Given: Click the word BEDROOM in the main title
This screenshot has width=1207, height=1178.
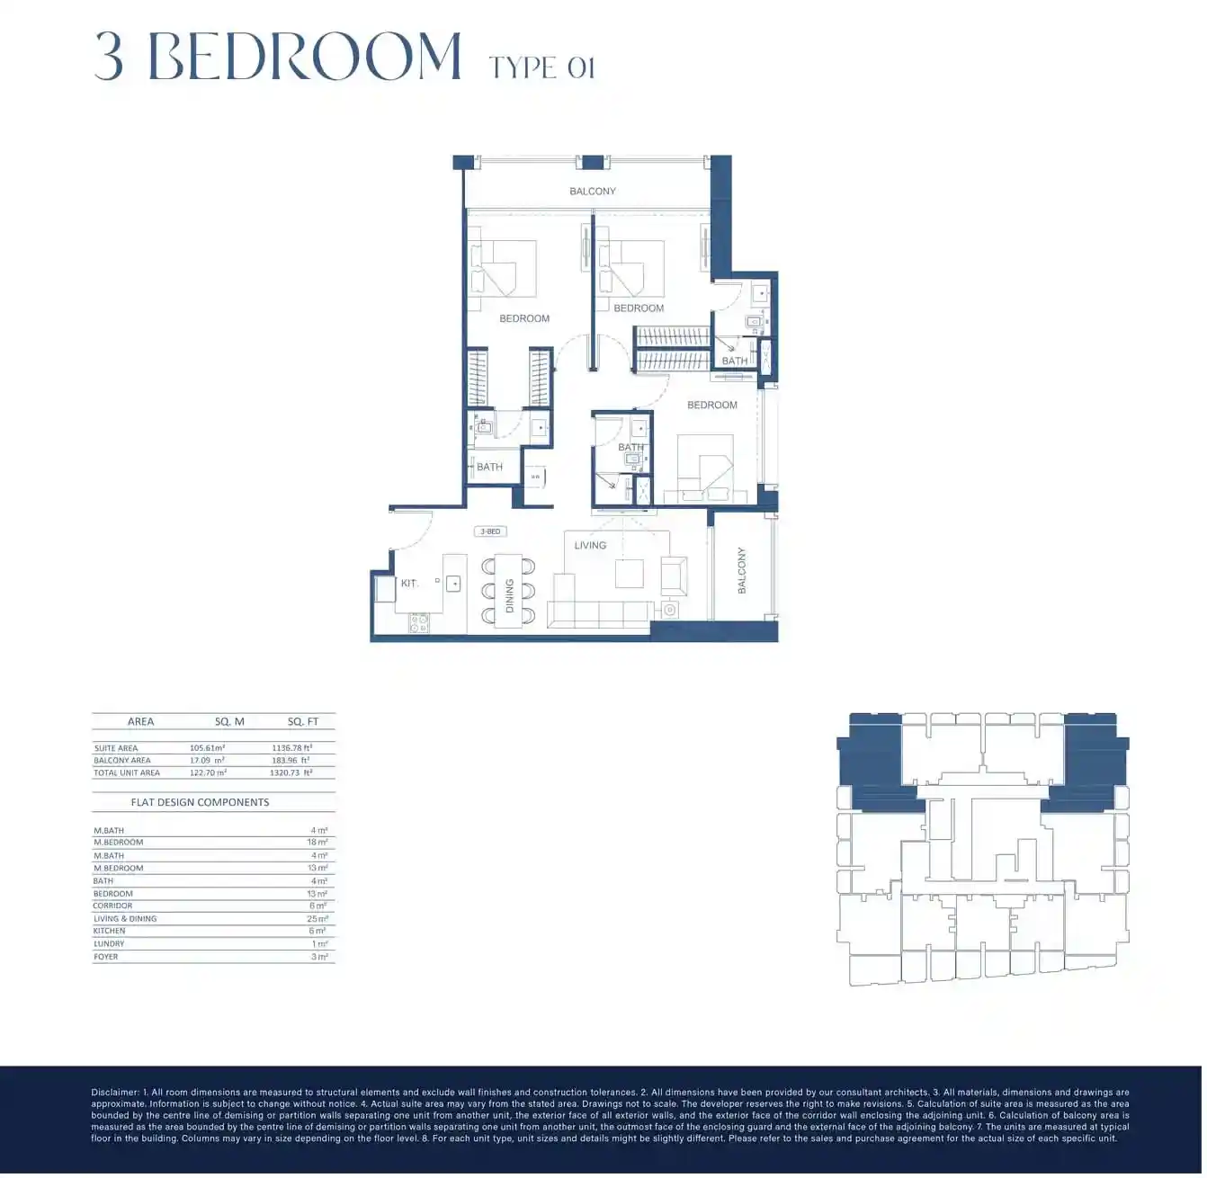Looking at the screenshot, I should pyautogui.click(x=304, y=57).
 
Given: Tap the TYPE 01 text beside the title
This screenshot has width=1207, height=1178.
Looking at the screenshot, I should pyautogui.click(x=541, y=67).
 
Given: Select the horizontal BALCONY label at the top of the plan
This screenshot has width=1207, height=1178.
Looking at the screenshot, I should pyautogui.click(x=593, y=192).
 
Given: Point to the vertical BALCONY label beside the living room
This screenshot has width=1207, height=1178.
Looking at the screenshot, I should pyautogui.click(x=742, y=570).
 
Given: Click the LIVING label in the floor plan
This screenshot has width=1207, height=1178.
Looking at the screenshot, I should pyautogui.click(x=590, y=546).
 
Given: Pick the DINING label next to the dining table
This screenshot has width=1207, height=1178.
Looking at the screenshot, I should pyautogui.click(x=509, y=595).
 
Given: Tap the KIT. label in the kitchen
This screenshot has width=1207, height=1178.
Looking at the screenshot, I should pyautogui.click(x=409, y=584).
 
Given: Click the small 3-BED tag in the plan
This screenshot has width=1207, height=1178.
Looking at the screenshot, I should pyautogui.click(x=490, y=531).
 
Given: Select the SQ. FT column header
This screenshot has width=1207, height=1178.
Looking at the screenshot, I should pyautogui.click(x=303, y=722).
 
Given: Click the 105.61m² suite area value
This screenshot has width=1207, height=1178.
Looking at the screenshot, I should pyautogui.click(x=207, y=748).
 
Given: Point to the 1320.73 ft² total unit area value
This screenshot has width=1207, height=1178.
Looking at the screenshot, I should pyautogui.click(x=291, y=773).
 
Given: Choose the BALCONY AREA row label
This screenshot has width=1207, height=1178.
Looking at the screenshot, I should pyautogui.click(x=122, y=761).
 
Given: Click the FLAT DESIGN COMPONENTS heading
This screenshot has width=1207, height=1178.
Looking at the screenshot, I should pyautogui.click(x=200, y=803).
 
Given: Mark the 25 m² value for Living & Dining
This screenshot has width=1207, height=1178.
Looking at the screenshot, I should pyautogui.click(x=317, y=919).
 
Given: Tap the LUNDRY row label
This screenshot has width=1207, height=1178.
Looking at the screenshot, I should pyautogui.click(x=109, y=944).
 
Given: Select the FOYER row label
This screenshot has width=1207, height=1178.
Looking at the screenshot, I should pyautogui.click(x=106, y=958).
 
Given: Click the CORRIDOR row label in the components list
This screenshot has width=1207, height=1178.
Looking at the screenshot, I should pyautogui.click(x=112, y=906).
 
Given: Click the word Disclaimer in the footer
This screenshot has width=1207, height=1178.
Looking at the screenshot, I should pyautogui.click(x=115, y=1093).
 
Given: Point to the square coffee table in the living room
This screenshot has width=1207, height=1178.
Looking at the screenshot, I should pyautogui.click(x=629, y=573).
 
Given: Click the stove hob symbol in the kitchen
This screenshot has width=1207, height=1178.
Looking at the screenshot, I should pyautogui.click(x=419, y=622).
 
